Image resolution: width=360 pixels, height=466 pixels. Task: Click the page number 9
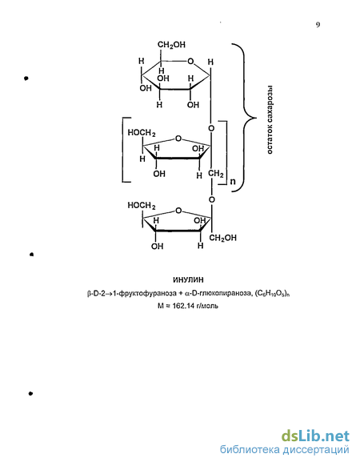(318, 25)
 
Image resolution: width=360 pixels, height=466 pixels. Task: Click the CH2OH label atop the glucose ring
(171, 45)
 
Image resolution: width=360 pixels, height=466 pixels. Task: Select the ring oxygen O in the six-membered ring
(190, 62)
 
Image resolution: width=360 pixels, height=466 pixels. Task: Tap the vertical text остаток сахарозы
(270, 120)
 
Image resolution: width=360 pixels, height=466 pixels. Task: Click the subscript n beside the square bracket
(233, 181)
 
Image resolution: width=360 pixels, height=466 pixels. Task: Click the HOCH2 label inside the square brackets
(142, 133)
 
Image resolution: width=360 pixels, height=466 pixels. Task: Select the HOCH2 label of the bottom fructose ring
(142, 205)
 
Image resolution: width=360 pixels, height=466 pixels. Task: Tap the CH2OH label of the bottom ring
(222, 238)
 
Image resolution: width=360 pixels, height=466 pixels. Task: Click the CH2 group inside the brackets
(216, 173)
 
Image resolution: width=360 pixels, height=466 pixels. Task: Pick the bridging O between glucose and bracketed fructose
(211, 128)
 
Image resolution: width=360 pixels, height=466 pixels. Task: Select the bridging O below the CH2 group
(211, 199)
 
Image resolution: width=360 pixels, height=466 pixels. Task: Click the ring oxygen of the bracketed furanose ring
(178, 139)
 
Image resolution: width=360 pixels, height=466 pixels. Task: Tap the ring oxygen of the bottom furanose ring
(178, 211)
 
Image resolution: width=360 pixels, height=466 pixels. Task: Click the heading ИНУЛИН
(188, 279)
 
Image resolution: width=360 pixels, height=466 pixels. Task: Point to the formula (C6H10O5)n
(272, 294)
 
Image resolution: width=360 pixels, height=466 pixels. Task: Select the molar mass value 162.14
(182, 306)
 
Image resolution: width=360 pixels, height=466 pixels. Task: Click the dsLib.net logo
(315, 436)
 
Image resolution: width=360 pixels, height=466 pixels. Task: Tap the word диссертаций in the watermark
(316, 451)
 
